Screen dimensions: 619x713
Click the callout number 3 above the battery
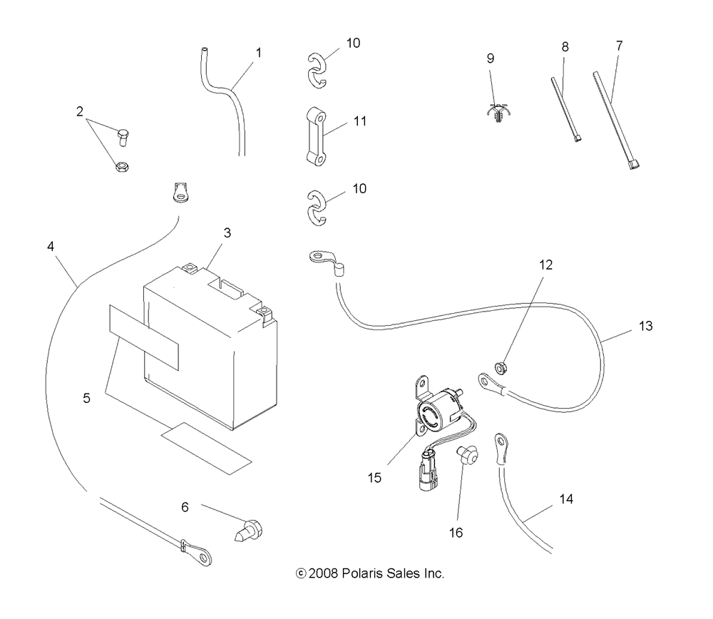click(x=227, y=232)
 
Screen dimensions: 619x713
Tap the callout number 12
click(x=546, y=264)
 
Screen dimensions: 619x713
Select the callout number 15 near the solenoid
click(x=375, y=477)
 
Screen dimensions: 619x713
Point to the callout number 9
click(x=491, y=58)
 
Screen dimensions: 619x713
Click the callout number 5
click(x=86, y=398)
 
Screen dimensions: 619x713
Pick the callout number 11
click(x=359, y=121)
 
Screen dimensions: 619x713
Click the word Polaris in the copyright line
click(x=363, y=573)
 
